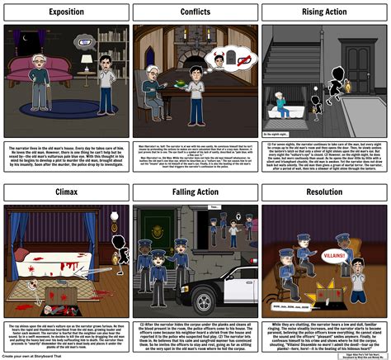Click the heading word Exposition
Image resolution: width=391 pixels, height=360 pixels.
point(65,12)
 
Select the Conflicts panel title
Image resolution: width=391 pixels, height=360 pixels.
point(195,12)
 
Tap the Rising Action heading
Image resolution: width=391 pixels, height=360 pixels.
point(324,12)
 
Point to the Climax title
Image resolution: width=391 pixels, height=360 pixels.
point(65,192)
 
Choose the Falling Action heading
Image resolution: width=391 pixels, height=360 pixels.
point(195,192)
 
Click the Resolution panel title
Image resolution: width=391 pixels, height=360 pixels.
point(324,192)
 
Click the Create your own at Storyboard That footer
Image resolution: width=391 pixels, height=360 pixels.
point(45,355)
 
